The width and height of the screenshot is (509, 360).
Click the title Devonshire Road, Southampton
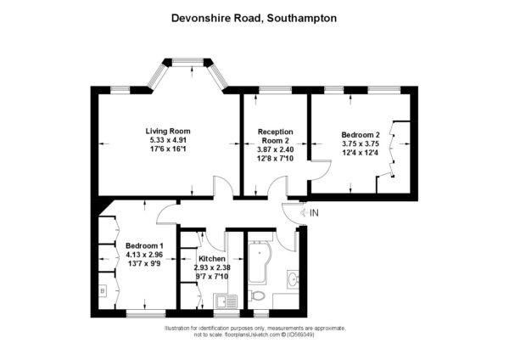[x=254, y=18]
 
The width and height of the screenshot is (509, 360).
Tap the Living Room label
[x=168, y=132]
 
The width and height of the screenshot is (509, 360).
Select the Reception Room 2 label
[x=275, y=136]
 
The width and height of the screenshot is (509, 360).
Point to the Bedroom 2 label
[x=361, y=134]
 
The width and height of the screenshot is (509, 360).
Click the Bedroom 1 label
[x=144, y=245]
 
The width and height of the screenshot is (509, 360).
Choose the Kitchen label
[x=212, y=259]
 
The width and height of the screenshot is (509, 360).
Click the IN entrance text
[x=314, y=213]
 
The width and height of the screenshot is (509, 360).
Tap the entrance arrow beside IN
[x=305, y=213]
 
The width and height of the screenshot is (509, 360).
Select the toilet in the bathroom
[x=257, y=296]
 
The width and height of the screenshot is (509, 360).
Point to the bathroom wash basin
[x=294, y=278]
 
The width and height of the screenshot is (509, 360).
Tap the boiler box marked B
[x=103, y=290]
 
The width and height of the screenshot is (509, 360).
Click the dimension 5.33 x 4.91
[x=168, y=140]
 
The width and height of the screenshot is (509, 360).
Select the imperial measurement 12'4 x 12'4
[x=361, y=152]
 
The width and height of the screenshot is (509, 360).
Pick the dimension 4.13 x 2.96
[x=144, y=255]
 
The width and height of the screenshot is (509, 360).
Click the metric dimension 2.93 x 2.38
[x=212, y=267]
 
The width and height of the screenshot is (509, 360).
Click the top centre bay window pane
[x=188, y=61]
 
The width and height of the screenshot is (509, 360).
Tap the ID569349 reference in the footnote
[x=300, y=335]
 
